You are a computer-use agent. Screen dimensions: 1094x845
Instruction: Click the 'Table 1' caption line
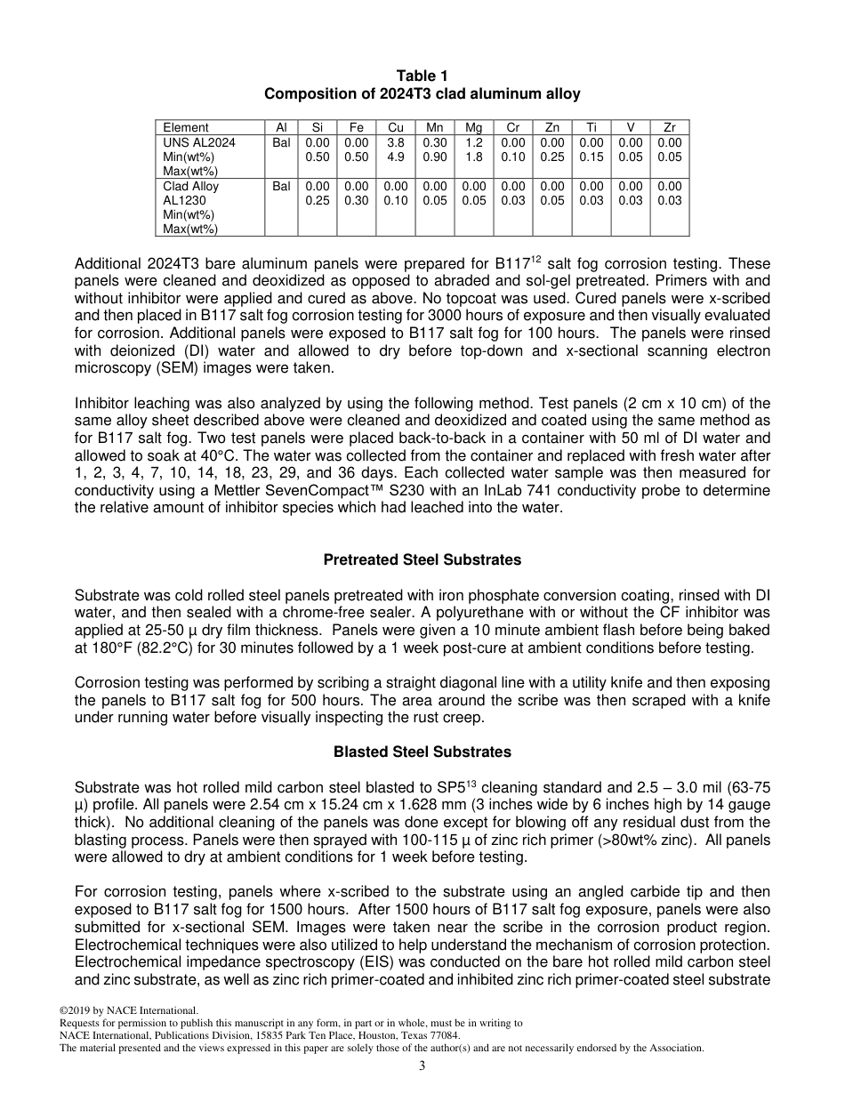[422, 76]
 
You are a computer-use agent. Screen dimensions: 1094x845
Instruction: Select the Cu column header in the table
[396, 127]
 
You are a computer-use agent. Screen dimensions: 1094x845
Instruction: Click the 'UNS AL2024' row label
[198, 142]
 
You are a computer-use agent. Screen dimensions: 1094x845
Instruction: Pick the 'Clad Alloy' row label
[190, 186]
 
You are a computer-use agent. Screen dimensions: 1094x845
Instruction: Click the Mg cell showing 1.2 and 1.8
[474, 149]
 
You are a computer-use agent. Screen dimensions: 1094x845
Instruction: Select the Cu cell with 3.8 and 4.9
[396, 149]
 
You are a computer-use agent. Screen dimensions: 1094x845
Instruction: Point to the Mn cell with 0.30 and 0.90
[435, 149]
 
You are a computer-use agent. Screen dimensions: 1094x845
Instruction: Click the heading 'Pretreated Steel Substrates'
[422, 560]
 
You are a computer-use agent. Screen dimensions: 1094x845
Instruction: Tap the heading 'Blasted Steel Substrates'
[422, 752]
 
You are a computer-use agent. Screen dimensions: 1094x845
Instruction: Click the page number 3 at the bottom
[422, 1066]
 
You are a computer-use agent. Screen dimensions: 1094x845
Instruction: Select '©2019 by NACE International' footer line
[128, 1010]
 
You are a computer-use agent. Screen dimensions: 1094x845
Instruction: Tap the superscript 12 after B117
[537, 260]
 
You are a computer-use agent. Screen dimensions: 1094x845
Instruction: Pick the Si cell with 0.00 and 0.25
[317, 193]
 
